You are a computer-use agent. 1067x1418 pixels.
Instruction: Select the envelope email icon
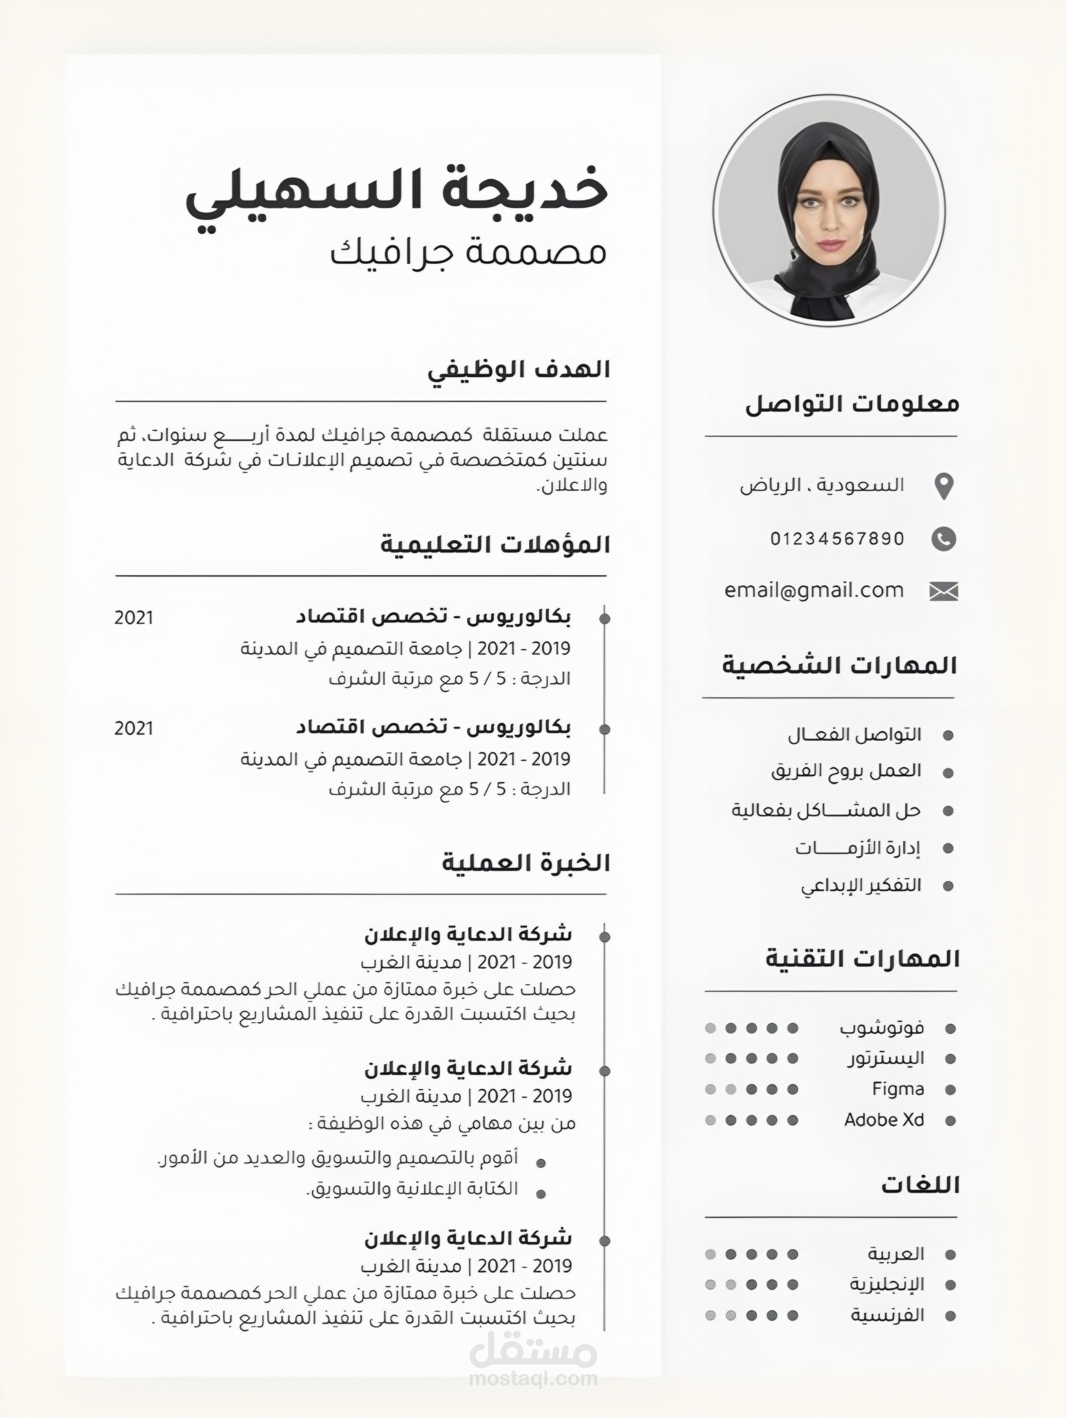[x=943, y=591]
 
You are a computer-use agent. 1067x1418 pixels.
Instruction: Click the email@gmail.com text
[x=814, y=590]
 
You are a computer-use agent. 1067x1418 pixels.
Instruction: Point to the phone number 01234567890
[x=837, y=538]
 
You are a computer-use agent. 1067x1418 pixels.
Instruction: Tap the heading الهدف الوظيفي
[x=519, y=370]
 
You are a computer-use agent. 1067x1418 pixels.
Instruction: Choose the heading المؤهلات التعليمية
[x=495, y=545]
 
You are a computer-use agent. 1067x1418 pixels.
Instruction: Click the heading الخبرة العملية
[x=525, y=863]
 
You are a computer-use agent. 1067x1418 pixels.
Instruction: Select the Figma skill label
[x=898, y=1089]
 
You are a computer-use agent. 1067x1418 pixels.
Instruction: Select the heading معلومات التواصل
[x=852, y=404]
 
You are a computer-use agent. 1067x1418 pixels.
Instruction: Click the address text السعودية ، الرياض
[x=822, y=485]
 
